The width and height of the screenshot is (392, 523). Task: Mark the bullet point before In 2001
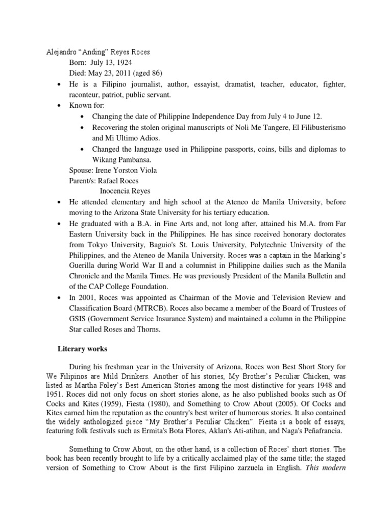pos(60,298)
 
